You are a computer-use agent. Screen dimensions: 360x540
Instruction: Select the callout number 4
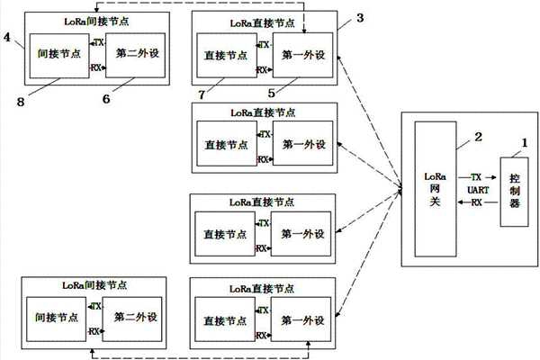click(9, 39)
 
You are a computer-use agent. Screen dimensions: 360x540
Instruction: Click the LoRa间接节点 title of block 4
click(87, 20)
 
